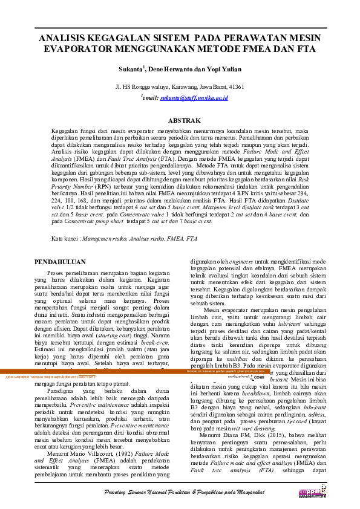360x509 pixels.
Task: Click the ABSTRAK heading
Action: [x=180, y=121]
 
